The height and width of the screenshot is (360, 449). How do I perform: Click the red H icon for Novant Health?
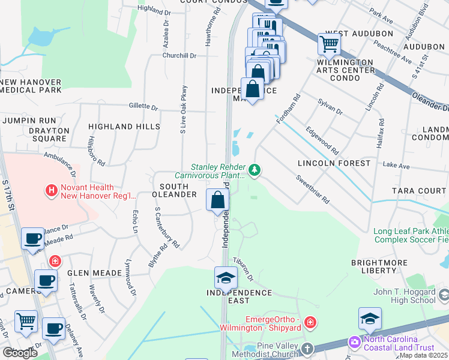52,190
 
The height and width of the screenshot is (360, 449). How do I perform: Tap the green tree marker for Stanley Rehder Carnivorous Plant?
255,171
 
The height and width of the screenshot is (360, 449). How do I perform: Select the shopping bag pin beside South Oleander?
217,200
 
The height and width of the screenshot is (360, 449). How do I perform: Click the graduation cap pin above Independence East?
226,278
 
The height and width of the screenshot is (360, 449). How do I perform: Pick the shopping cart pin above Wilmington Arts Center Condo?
329,44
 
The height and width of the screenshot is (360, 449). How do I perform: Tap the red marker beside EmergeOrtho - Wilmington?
310,323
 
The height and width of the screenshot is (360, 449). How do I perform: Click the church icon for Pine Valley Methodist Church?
307,349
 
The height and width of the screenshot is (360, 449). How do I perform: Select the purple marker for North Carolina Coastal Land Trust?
355,342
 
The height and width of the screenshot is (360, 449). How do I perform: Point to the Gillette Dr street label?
143,107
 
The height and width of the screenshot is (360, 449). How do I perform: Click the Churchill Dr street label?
179,55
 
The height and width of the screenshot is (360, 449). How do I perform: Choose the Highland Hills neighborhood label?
124,127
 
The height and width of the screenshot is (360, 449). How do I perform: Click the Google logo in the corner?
20,352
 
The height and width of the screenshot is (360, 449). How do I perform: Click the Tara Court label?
419,191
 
